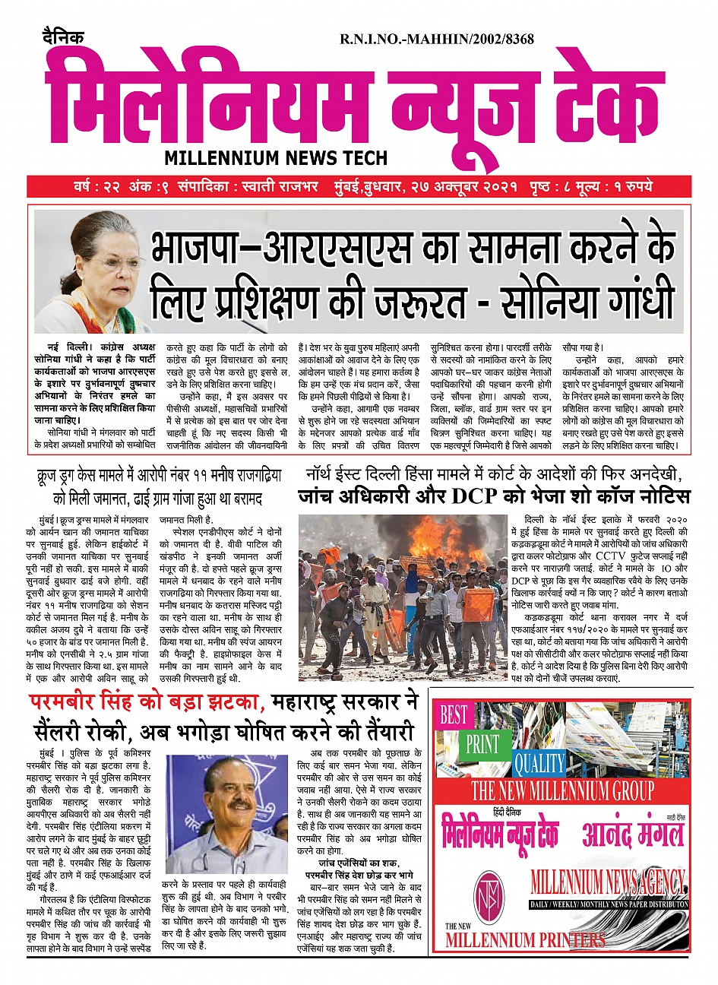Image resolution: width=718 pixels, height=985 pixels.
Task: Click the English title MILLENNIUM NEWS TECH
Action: pos(276,158)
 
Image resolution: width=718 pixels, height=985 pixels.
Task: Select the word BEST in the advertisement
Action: pos(454,715)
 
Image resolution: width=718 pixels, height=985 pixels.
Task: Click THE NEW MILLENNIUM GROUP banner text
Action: pos(562,790)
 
